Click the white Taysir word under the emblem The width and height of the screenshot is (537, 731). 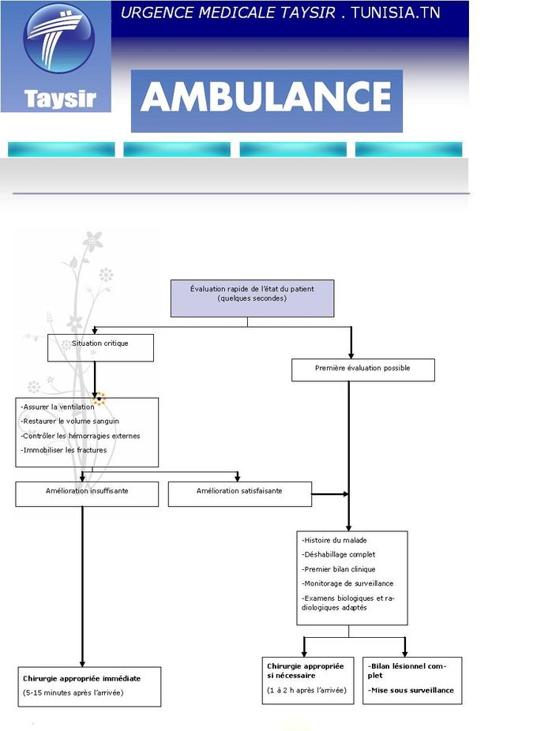[59, 99]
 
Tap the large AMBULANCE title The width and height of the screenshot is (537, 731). [266, 98]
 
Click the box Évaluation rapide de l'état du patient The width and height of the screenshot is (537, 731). [252, 298]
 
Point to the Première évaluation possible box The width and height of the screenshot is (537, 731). [362, 369]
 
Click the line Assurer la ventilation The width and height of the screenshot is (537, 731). [58, 407]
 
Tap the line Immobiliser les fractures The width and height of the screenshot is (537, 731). [63, 450]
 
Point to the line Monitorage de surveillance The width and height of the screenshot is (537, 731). [347, 583]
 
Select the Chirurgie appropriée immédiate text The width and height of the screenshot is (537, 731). [81, 678]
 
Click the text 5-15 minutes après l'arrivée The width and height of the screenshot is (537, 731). [73, 693]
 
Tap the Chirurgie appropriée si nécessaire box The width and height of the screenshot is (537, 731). [307, 680]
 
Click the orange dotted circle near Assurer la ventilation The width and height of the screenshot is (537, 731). [99, 399]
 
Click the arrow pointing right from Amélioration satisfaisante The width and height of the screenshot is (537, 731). [332, 494]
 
